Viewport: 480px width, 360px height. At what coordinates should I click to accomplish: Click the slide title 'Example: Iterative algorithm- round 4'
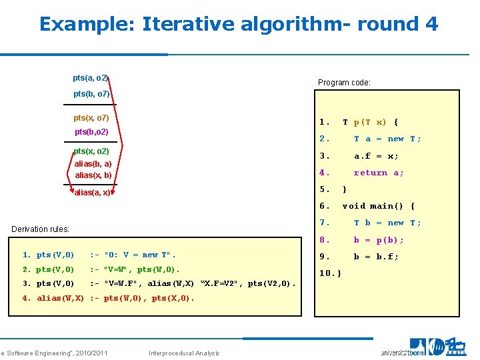coord(239,25)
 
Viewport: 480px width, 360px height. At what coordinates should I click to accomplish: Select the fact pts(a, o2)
coord(90,79)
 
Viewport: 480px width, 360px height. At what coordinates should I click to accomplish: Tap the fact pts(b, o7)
coord(91,94)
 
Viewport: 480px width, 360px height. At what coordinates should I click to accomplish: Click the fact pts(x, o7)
coord(91,118)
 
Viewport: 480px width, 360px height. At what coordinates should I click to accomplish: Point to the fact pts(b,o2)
coord(91,132)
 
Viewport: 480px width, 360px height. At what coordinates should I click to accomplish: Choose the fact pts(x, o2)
coord(91,151)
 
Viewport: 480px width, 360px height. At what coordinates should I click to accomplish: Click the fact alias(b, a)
coord(93,163)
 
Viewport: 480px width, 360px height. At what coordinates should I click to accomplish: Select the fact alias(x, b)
coord(93,175)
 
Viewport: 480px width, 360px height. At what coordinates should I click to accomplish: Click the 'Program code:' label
coord(344,83)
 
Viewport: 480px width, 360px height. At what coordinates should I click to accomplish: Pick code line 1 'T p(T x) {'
coord(370,122)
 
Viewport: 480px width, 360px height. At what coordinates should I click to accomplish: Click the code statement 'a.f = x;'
coord(376,156)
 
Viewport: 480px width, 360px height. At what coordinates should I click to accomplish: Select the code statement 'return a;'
coord(379,173)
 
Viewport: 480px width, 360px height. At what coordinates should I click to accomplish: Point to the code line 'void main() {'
coord(378,206)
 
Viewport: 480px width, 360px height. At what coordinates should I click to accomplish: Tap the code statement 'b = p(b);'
coord(379,239)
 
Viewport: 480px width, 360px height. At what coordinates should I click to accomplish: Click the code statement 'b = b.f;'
coord(376,256)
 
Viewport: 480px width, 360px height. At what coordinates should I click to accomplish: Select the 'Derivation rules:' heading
coord(41,229)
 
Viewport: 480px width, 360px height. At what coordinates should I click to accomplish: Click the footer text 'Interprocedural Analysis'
coord(185,353)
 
